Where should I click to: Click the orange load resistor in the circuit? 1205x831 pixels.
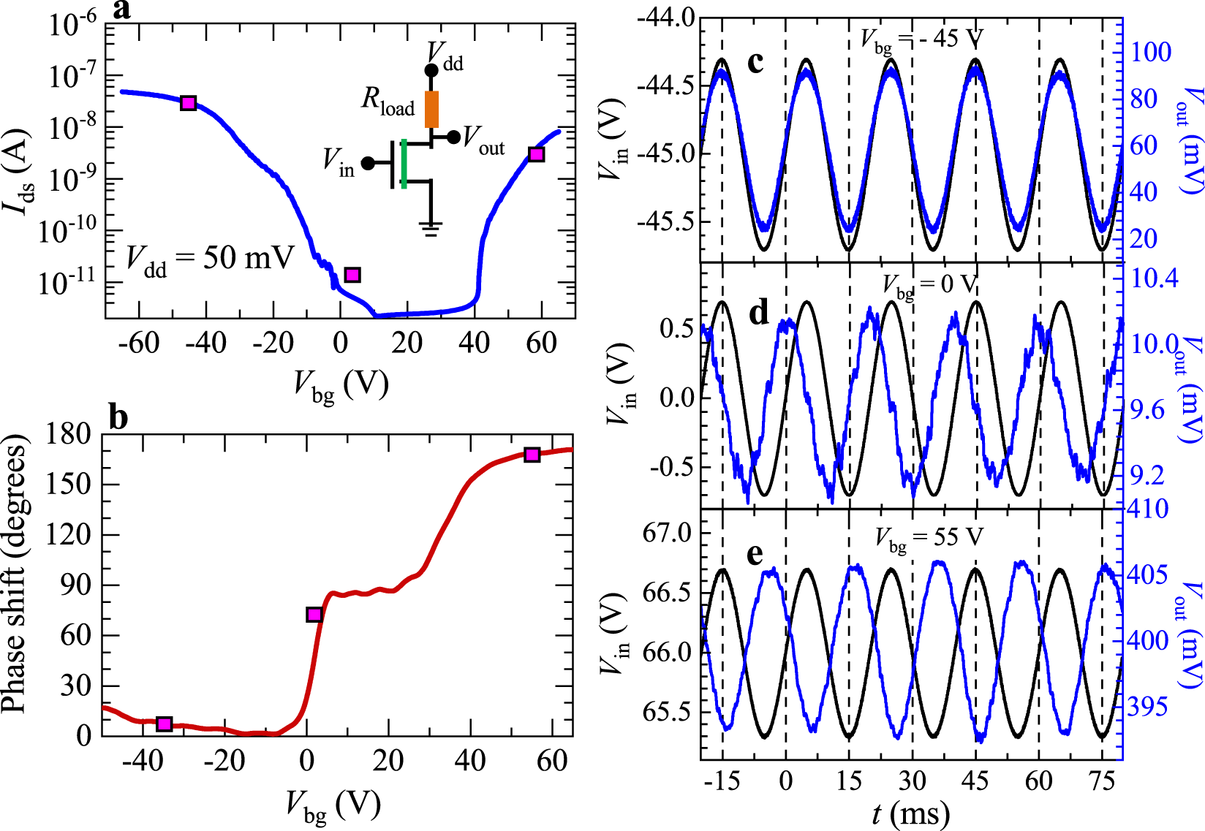pyautogui.click(x=432, y=109)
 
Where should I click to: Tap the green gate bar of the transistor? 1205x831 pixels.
pyautogui.click(x=404, y=163)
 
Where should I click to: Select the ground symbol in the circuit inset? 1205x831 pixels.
pyautogui.click(x=431, y=229)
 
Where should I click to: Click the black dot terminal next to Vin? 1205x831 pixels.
pyautogui.click(x=368, y=163)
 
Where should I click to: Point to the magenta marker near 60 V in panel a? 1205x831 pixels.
pyautogui.click(x=537, y=154)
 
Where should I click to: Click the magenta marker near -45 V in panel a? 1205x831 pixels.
pyautogui.click(x=189, y=103)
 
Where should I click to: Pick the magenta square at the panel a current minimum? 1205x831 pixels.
pyautogui.click(x=352, y=275)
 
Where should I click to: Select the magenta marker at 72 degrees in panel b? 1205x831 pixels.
pyautogui.click(x=314, y=615)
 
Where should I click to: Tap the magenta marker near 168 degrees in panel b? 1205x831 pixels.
pyautogui.click(x=532, y=455)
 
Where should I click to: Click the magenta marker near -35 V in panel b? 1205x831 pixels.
pyautogui.click(x=165, y=724)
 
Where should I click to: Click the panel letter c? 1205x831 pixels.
pyautogui.click(x=755, y=63)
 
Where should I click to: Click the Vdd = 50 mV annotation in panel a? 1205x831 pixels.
pyautogui.click(x=210, y=259)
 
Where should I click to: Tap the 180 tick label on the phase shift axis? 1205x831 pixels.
pyautogui.click(x=68, y=434)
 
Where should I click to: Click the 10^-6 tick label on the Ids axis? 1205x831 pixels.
pyautogui.click(x=72, y=26)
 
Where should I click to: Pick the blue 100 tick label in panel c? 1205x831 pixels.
pyautogui.click(x=1151, y=52)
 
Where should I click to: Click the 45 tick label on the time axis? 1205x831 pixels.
pyautogui.click(x=975, y=781)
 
